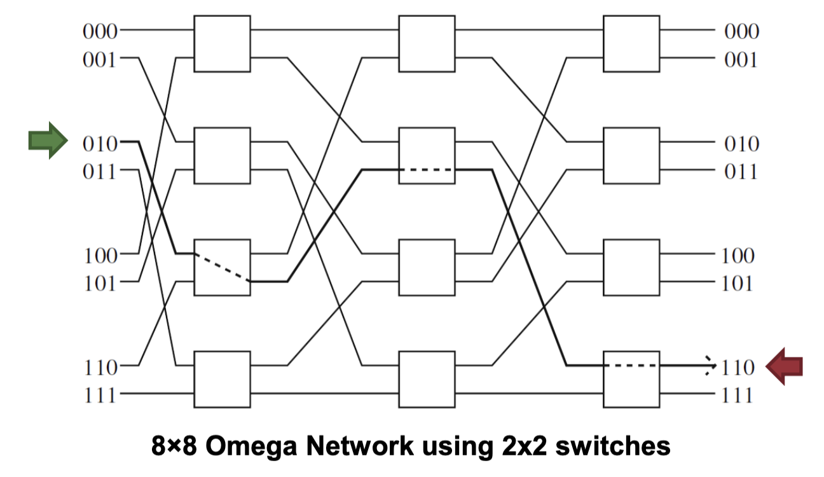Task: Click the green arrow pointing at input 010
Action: [48, 140]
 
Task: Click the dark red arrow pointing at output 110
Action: [784, 366]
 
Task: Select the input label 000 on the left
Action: [100, 31]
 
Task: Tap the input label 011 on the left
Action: [100, 171]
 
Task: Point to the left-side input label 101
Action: [100, 283]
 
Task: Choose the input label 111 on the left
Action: [100, 395]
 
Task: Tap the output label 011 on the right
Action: [741, 171]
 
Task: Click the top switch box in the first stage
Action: [222, 44]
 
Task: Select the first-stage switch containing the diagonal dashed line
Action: [222, 268]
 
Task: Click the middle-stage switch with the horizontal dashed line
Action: [427, 156]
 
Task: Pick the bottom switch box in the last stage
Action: [631, 380]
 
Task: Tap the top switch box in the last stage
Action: [631, 44]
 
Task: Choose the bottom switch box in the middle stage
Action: [427, 380]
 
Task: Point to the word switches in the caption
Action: [614, 446]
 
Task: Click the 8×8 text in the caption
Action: [177, 446]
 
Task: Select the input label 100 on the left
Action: [100, 255]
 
